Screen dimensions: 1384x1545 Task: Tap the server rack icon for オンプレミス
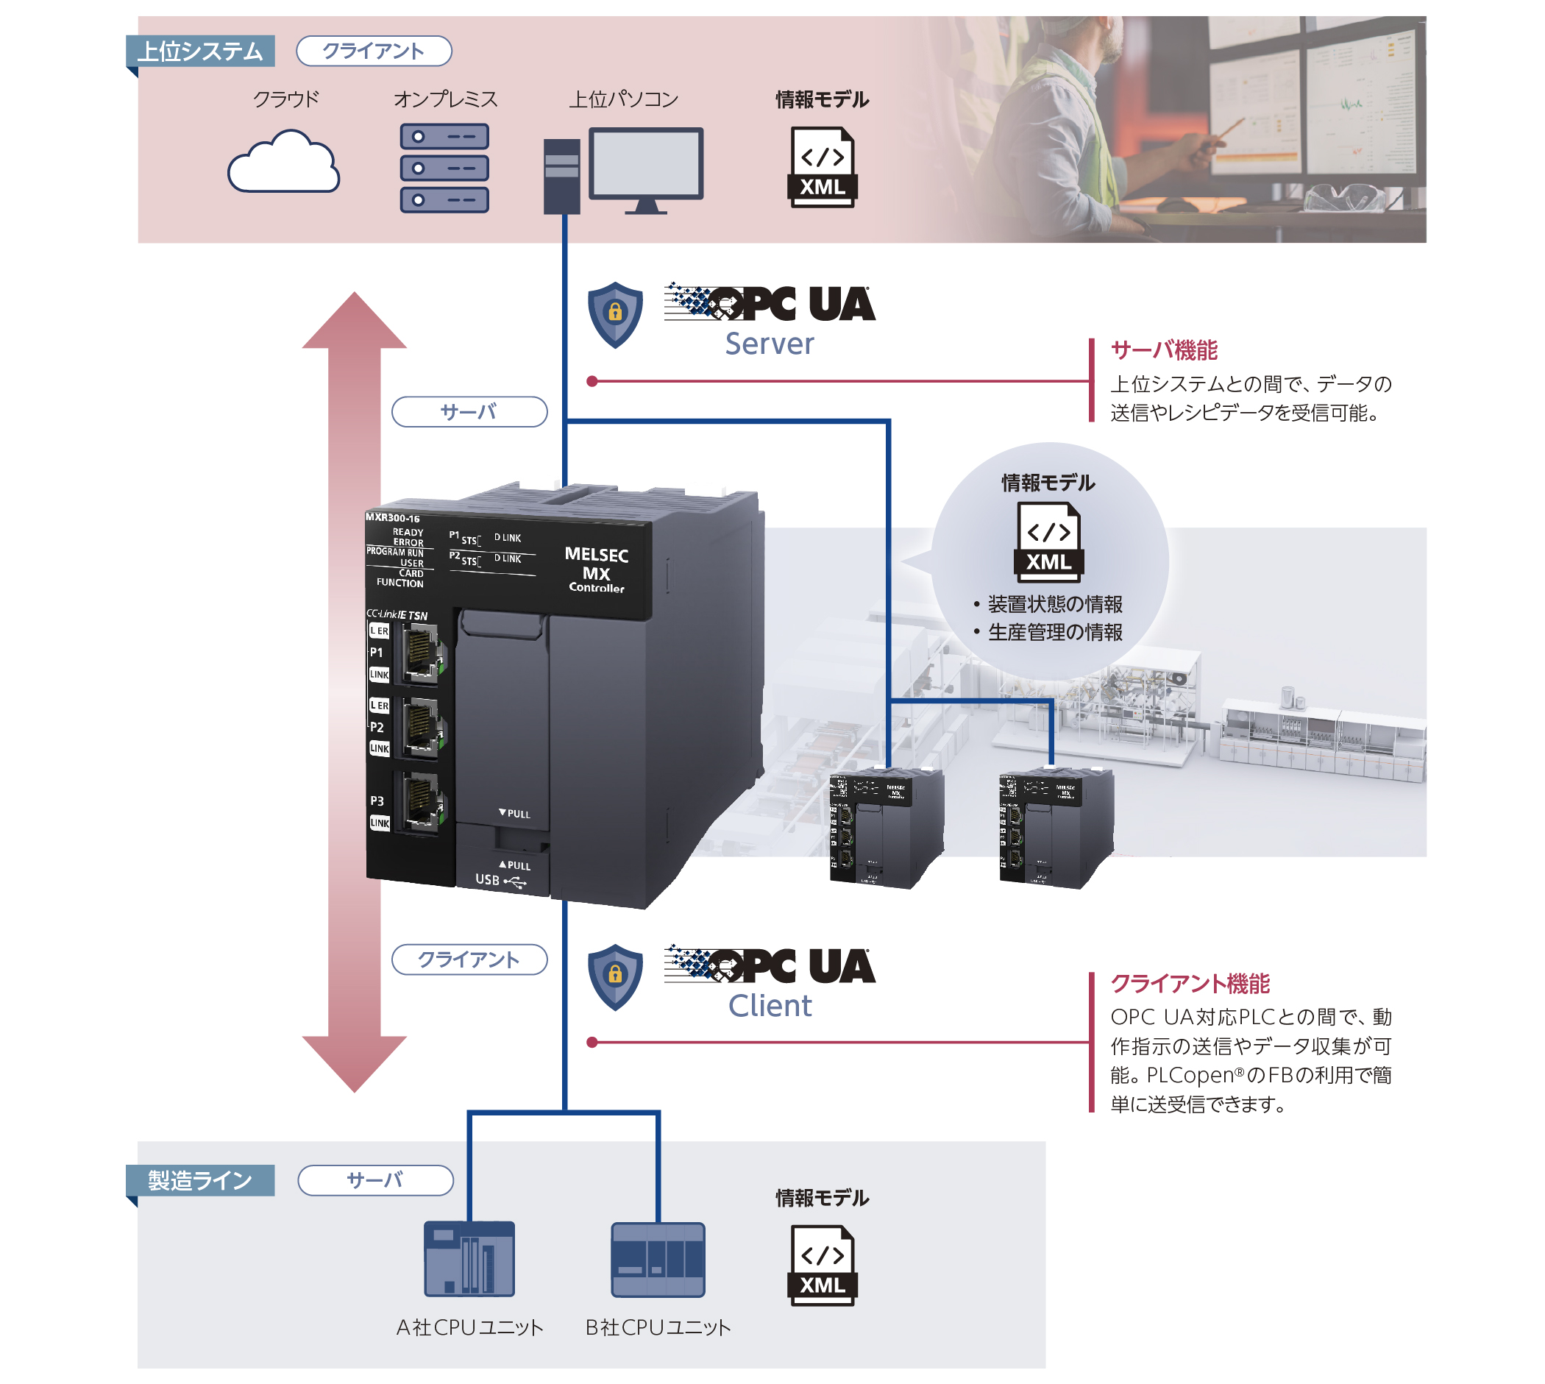(x=444, y=168)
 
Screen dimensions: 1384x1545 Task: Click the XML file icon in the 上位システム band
(x=822, y=167)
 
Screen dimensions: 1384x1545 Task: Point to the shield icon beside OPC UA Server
(x=615, y=314)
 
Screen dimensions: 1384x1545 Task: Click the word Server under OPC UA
(x=769, y=344)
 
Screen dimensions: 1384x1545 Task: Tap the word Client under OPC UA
(x=770, y=1005)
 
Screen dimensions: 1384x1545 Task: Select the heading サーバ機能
(x=1164, y=350)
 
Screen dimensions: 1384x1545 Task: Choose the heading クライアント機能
(x=1190, y=983)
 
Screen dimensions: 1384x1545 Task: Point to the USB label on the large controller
(x=487, y=880)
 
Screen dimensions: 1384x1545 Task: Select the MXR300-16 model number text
(x=392, y=518)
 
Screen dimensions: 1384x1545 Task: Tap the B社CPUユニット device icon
(x=658, y=1260)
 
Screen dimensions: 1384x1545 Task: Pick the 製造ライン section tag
(x=200, y=1180)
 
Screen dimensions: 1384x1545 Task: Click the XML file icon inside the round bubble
(x=1048, y=542)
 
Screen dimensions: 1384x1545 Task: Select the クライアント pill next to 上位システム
(x=373, y=51)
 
